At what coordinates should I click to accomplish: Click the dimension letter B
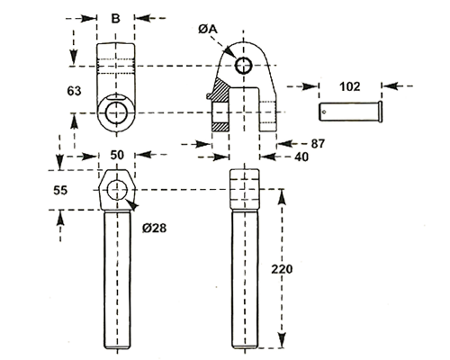pos(115,18)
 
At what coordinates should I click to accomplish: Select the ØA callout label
pos(208,29)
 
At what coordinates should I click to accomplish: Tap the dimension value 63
pos(74,91)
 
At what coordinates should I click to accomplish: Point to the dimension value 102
pos(350,86)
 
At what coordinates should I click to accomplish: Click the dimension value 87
pos(318,144)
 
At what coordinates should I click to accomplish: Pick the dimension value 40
pos(301,157)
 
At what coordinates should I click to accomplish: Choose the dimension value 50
pos(117,155)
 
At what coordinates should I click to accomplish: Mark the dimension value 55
pos(60,190)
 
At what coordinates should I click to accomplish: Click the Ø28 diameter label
pos(155,229)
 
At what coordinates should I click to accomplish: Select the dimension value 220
pos(282,269)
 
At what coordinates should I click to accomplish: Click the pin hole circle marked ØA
pos(243,57)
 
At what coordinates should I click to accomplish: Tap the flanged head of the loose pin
pos(381,112)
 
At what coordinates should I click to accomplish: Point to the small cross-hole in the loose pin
pos(324,112)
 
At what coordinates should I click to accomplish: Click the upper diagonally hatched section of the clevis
pos(221,90)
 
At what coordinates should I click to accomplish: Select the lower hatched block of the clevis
pos(220,127)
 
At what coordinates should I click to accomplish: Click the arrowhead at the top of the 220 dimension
pos(282,196)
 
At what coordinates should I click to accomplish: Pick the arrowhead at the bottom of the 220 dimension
pos(282,340)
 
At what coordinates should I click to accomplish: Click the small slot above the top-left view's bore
pos(116,96)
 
